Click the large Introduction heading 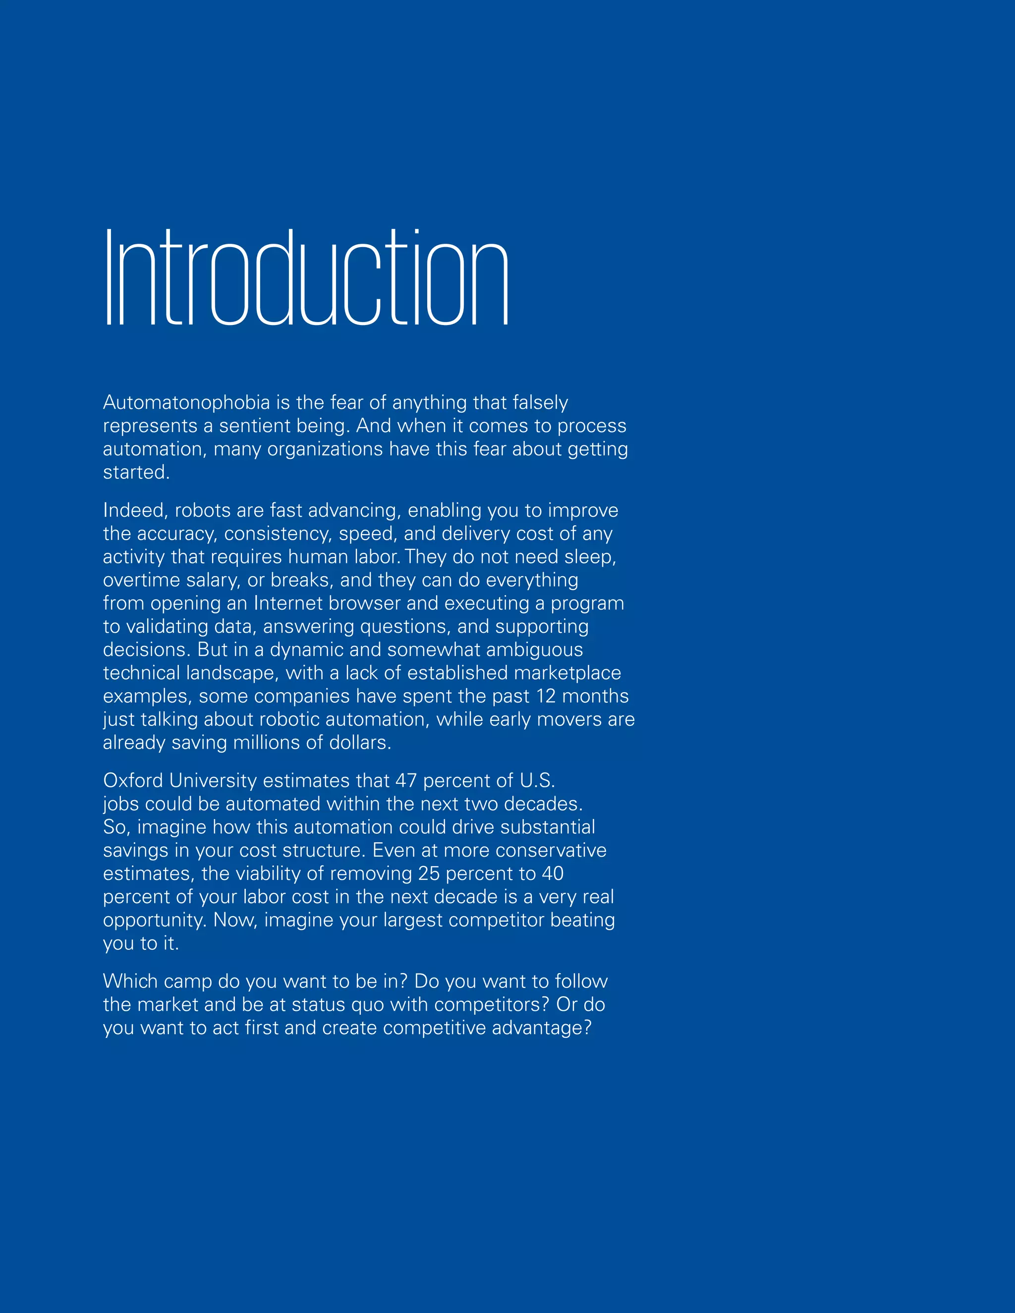[x=307, y=278]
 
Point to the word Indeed [x=135, y=510]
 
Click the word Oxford [x=133, y=780]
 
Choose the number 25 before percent [x=429, y=874]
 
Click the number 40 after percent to [x=552, y=874]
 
